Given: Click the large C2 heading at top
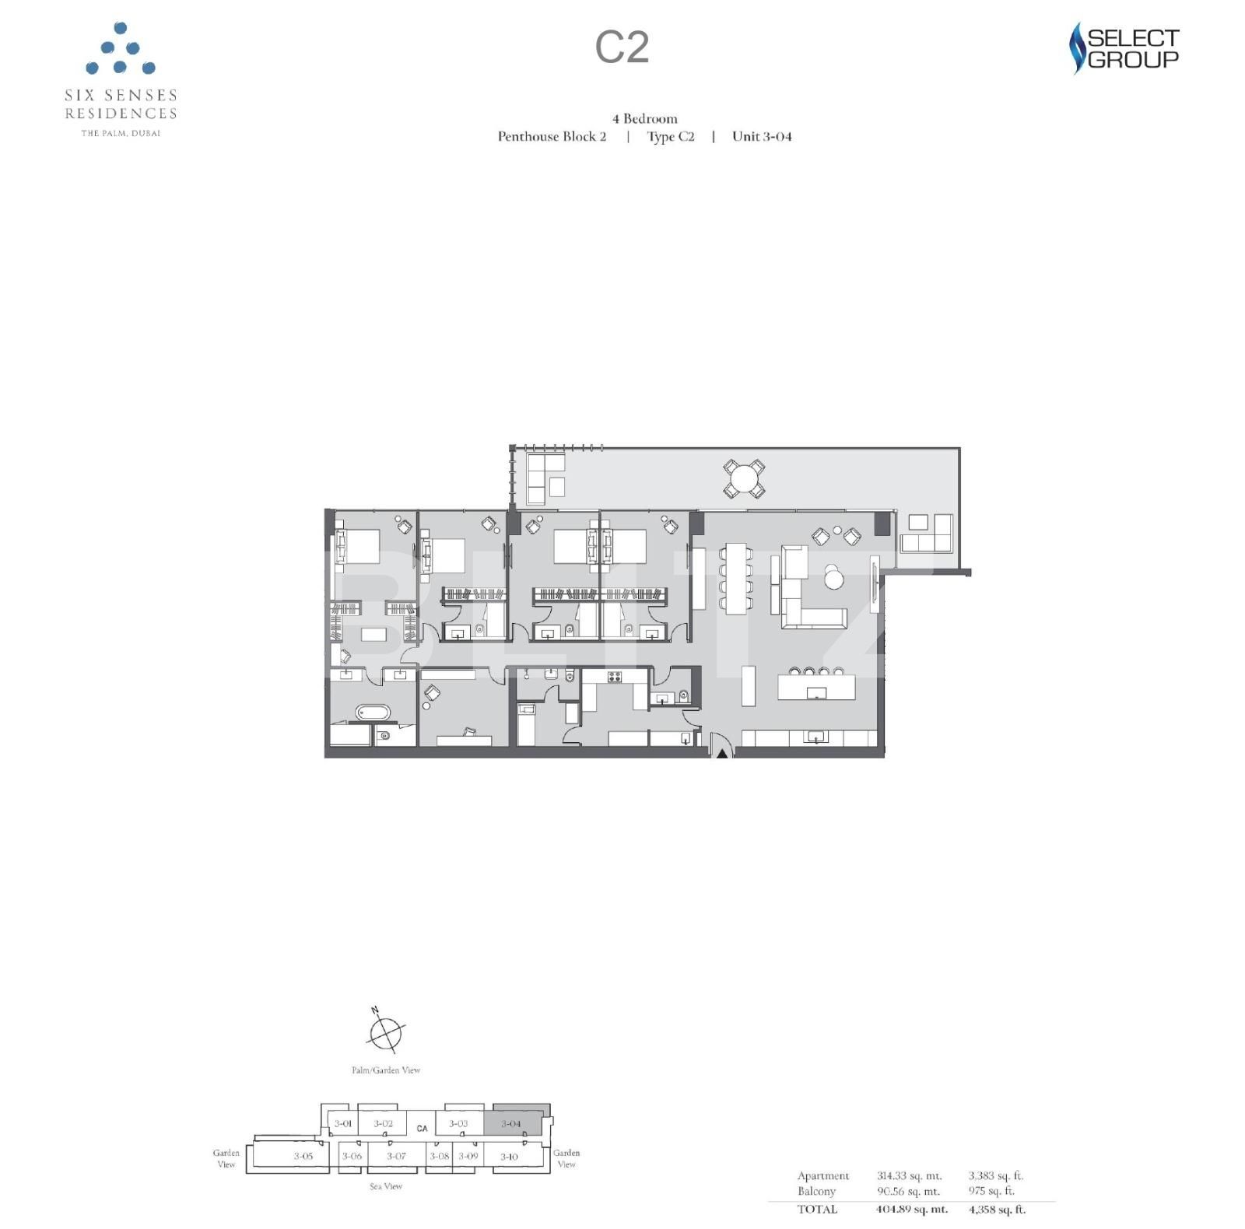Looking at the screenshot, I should tap(622, 47).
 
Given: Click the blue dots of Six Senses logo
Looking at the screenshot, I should tap(121, 50).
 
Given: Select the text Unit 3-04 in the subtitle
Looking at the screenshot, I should tap(762, 137).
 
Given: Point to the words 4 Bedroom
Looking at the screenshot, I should tap(644, 119).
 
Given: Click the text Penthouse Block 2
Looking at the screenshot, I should tap(552, 137).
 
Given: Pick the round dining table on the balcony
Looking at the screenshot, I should tap(744, 479).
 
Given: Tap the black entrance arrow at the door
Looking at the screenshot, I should tap(722, 752).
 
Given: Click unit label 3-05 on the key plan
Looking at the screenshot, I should tap(303, 1156).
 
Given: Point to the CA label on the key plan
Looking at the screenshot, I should tap(422, 1128).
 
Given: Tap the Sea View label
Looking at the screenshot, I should tap(386, 1186).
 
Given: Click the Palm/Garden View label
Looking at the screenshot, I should tap(386, 1070).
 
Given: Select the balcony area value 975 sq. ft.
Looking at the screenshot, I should tap(991, 1191).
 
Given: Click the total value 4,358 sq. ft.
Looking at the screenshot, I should tap(997, 1210).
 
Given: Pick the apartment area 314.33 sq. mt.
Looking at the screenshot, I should tap(909, 1176).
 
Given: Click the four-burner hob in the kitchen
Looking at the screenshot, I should tap(615, 677).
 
